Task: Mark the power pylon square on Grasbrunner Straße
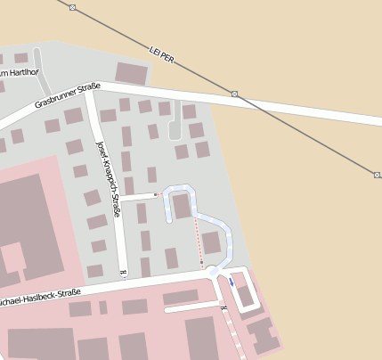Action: coord(234,94)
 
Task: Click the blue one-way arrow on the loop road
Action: coord(232,281)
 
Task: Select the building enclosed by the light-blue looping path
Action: coord(182,207)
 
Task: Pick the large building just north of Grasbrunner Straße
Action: coord(132,73)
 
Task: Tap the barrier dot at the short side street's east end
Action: coord(156,194)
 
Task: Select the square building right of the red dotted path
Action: coord(211,242)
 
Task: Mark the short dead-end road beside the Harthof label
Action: coord(40,61)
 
